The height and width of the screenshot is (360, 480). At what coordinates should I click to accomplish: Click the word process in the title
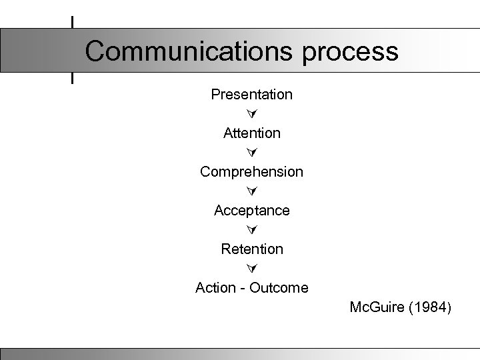point(351,52)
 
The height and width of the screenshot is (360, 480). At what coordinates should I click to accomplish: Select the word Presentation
point(251,95)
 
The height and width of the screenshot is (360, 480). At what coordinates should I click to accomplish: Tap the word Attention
point(251,133)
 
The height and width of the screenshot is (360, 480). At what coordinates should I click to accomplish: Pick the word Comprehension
point(251,172)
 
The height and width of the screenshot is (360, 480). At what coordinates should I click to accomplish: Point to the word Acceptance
point(251,211)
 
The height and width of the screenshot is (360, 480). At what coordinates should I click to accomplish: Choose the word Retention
point(251,249)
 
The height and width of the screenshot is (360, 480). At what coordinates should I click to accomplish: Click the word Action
point(215,288)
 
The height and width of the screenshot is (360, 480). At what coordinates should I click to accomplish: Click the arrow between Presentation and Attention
point(251,114)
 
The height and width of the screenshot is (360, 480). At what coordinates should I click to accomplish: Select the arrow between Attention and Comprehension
point(251,153)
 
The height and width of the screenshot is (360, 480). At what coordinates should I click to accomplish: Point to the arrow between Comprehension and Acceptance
point(251,191)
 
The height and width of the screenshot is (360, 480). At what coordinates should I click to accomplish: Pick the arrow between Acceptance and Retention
point(251,230)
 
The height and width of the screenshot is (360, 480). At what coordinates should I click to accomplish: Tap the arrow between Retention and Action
point(251,269)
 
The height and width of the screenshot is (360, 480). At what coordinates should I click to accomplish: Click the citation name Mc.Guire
point(375,308)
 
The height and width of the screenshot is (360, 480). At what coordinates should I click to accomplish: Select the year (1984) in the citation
point(429,308)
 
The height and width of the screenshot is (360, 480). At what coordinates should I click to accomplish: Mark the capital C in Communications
point(96,51)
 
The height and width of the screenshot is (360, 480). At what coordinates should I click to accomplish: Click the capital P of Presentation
point(215,95)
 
